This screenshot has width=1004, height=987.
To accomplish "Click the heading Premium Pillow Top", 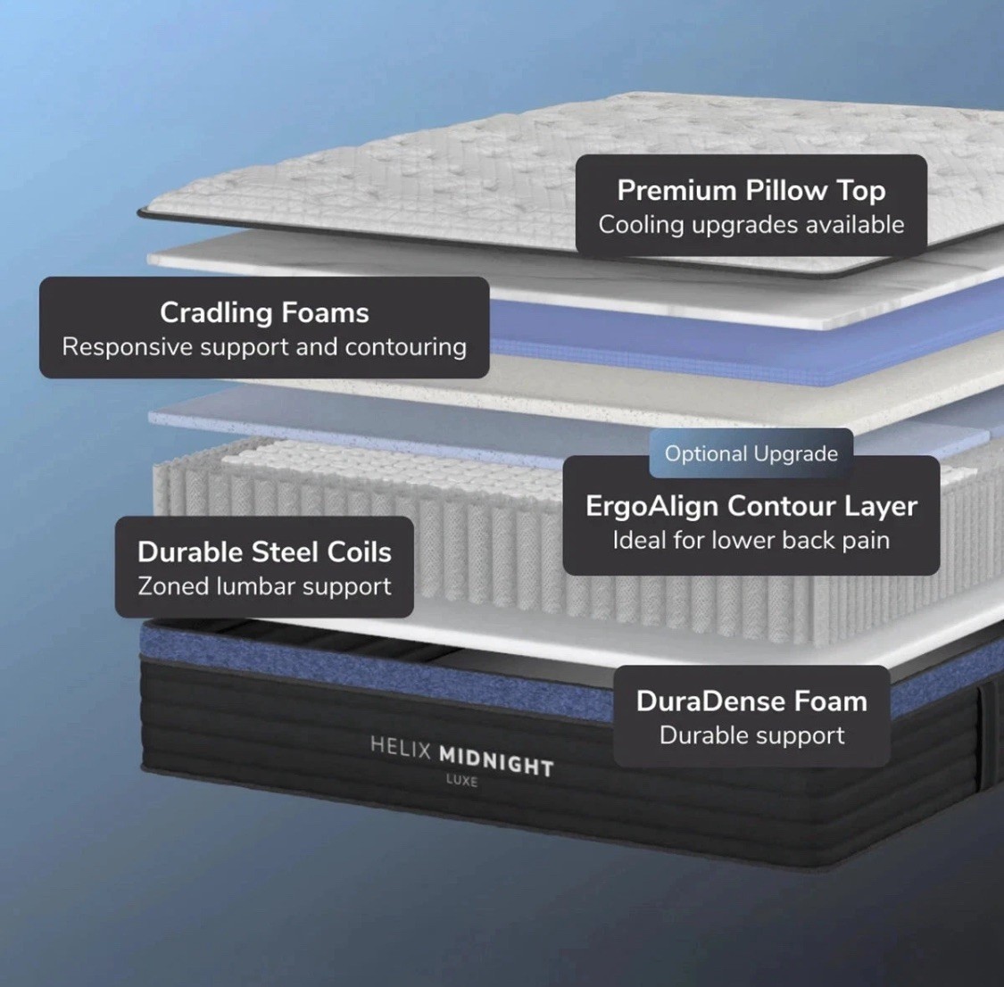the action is tap(751, 191).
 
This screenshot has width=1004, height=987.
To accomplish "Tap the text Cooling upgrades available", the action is tap(751, 225).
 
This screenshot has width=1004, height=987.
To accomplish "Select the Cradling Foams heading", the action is tap(264, 313).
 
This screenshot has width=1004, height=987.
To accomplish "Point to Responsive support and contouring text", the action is tap(264, 347).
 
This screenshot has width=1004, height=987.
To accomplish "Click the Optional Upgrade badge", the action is tap(751, 454).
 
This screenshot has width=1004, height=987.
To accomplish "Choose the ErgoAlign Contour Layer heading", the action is tap(751, 506).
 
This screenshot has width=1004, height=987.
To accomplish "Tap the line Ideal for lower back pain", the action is tap(751, 541).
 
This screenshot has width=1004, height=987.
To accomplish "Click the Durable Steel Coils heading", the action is tap(264, 552).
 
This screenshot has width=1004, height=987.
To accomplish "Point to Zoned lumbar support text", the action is tap(264, 587).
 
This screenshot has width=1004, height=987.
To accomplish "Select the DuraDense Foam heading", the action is tap(751, 701).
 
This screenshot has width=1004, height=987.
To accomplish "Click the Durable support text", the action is tap(751, 736).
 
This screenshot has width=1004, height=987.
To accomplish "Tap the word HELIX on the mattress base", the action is tap(401, 748).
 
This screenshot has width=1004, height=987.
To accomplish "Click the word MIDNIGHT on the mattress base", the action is tap(496, 762).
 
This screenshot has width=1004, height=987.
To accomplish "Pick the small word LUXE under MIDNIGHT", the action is tap(461, 782).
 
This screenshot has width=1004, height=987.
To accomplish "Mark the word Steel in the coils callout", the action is tap(285, 552).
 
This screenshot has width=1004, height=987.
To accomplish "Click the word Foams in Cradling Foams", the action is tap(325, 313).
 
